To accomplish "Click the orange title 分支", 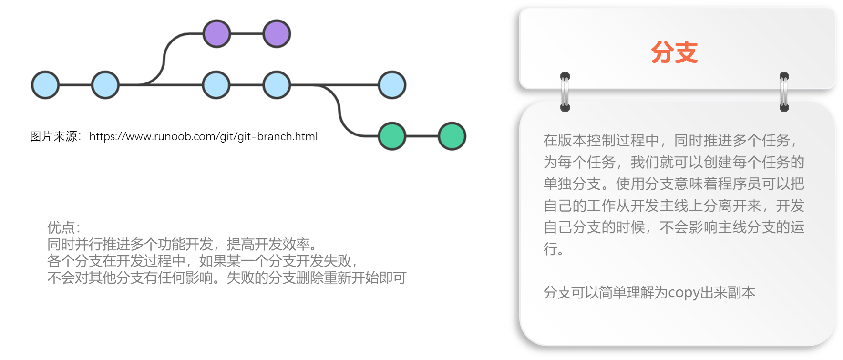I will pos(674,52).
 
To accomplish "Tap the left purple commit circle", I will pos(216,34).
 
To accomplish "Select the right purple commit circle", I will pos(277,34).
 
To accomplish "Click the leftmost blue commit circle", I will pos(45,85).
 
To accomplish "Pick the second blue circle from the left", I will pos(105,85).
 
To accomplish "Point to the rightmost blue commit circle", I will pos(392,85).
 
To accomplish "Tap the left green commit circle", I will pos(392,136).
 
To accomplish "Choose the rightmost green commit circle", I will pos(452,136).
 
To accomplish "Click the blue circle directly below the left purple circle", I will pos(216,85).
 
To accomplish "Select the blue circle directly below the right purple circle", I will pos(277,85).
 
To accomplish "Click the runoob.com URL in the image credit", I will pos(203,136).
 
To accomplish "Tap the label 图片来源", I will pos(53,136).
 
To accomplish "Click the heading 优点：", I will pos(64,227).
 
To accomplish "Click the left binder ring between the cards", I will pos(565,92).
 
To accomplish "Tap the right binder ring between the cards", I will pos(784,92).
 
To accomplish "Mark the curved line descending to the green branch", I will pos(339,111).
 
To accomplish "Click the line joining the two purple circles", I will pos(247,34).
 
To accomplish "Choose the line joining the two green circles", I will pos(422,136).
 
